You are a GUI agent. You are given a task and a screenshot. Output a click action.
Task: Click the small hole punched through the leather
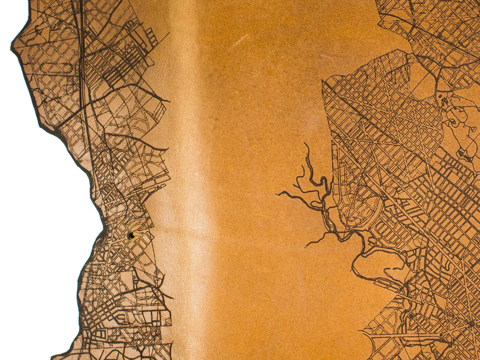pyautogui.click(x=131, y=236)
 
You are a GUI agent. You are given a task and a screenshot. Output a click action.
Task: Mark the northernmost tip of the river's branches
pyautogui.click(x=306, y=144)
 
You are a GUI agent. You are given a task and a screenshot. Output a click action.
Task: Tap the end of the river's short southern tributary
pyautogui.click(x=306, y=247)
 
